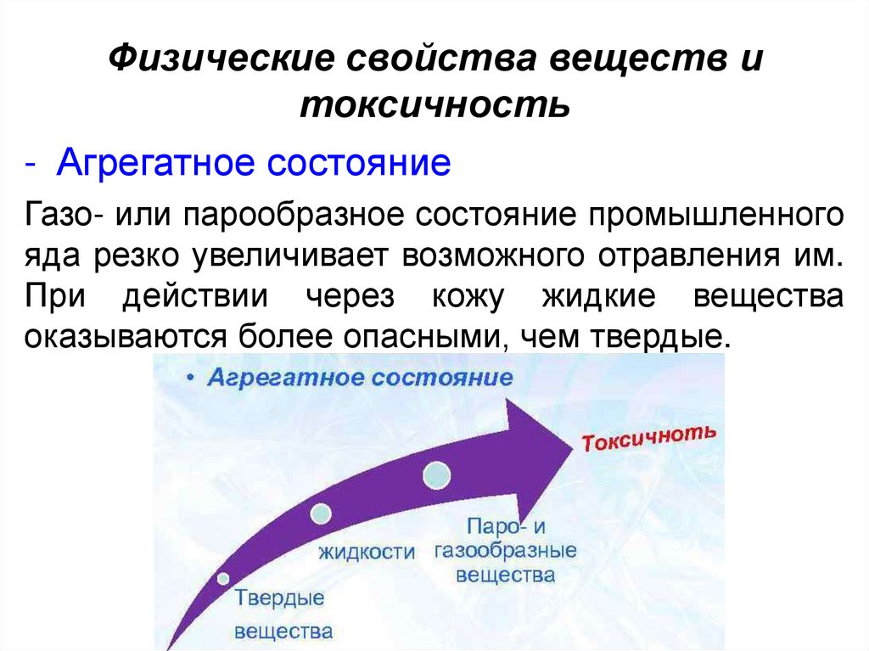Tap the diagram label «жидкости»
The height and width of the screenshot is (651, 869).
[367, 553]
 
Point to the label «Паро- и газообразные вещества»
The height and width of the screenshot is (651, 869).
[506, 549]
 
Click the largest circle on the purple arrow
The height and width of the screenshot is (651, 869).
[439, 474]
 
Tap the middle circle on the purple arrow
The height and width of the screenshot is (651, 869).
[322, 514]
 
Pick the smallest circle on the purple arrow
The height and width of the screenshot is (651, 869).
[224, 579]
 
